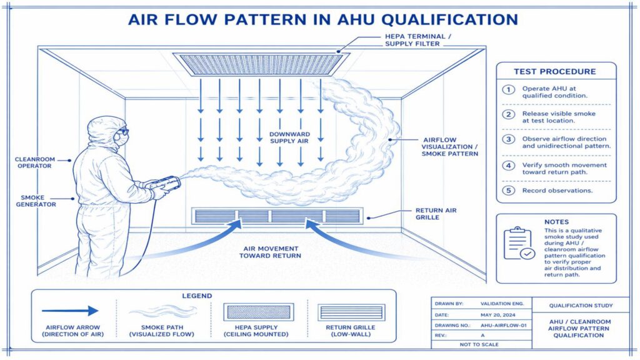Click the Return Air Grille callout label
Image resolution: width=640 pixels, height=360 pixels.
tap(436, 214)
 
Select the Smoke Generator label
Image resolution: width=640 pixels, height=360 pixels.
tap(36, 200)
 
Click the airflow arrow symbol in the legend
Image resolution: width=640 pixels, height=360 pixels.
tap(70, 311)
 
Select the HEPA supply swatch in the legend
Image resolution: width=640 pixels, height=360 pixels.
tap(257, 311)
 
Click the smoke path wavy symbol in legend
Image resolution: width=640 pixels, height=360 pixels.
tap(163, 311)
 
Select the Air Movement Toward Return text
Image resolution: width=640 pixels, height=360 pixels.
tap(273, 252)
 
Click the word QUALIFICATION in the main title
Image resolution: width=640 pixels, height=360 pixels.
tap(448, 19)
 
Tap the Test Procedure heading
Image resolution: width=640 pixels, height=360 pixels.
tap(554, 71)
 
